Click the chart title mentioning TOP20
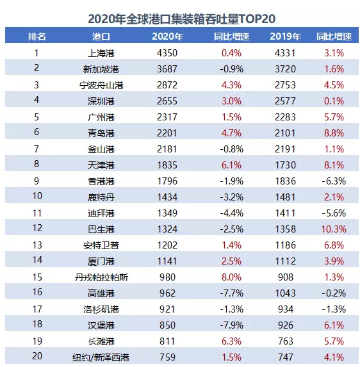(x=181, y=19)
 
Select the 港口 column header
(x=101, y=37)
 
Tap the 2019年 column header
(x=285, y=37)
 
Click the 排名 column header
(x=37, y=37)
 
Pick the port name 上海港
(x=101, y=53)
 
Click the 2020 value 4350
(x=167, y=53)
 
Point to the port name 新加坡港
(x=101, y=69)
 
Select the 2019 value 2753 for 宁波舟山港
(x=285, y=85)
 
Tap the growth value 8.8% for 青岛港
(x=334, y=133)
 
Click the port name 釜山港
(x=101, y=149)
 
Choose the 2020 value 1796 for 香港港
(x=167, y=181)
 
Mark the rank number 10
(x=37, y=196)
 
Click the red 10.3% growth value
(x=334, y=229)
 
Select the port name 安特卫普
(x=101, y=245)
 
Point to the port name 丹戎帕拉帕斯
(x=101, y=277)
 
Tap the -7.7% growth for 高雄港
(x=231, y=293)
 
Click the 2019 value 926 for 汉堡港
(x=286, y=325)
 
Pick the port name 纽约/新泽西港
(x=101, y=357)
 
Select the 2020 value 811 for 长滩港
(x=167, y=341)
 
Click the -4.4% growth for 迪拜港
(x=231, y=213)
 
